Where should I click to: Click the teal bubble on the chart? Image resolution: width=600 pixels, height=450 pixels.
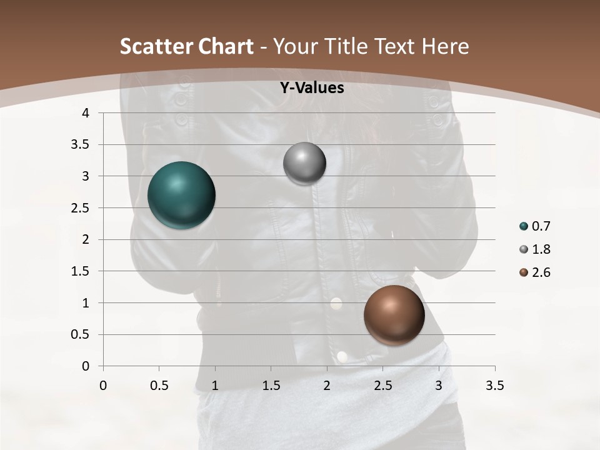(181, 195)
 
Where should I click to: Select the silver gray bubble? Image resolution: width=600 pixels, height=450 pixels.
(304, 164)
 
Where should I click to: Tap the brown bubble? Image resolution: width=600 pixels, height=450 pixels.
(394, 315)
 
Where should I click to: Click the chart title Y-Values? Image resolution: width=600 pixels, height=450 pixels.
(312, 88)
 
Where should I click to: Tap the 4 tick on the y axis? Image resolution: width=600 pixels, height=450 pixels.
(86, 113)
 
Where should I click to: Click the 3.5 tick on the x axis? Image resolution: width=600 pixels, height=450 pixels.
(495, 386)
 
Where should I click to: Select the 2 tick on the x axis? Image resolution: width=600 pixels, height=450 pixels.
(327, 386)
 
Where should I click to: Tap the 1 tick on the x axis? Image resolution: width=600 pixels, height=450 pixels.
(215, 386)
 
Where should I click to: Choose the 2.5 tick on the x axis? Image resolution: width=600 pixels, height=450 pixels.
(382, 386)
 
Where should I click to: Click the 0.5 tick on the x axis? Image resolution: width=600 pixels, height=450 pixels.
(159, 386)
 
